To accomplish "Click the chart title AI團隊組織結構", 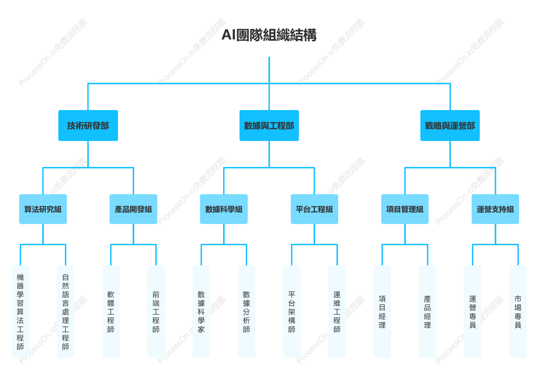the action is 269,35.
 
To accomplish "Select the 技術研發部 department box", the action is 88,125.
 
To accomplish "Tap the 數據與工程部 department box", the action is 269,125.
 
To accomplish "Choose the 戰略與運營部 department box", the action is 450,125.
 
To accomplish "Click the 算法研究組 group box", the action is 43,209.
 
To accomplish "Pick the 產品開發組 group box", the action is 133,209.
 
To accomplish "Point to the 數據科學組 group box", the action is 224,209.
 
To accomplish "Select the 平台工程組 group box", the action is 314,209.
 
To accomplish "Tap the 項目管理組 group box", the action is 405,209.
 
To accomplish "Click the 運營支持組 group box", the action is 495,209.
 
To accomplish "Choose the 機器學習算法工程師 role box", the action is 20,311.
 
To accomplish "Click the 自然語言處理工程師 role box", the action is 65,311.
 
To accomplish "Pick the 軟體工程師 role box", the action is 111,311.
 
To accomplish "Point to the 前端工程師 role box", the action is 156,311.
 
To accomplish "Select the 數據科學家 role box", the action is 201,311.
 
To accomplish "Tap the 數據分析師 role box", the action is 247,311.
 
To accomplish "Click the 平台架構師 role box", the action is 292,311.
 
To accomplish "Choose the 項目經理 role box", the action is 382,311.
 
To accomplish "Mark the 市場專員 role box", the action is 518,311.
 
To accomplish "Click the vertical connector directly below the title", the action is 269,70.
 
